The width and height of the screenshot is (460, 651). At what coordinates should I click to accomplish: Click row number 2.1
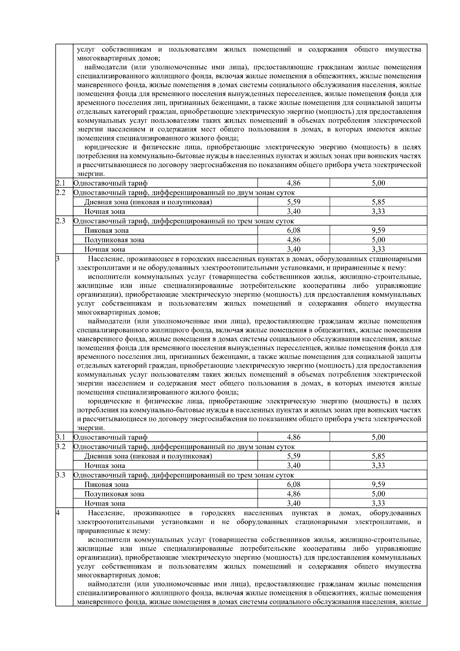click(x=61, y=183)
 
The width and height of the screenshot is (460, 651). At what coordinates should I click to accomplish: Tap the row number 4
click(x=58, y=513)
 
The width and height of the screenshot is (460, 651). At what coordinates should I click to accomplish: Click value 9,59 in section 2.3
click(x=378, y=230)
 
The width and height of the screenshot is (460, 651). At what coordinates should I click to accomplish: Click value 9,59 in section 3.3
click(x=378, y=485)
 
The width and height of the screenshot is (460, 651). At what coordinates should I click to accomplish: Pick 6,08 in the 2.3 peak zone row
click(x=294, y=230)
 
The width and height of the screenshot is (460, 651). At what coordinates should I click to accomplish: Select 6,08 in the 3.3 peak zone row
click(x=294, y=485)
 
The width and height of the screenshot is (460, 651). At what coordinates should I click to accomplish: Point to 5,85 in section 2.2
click(x=378, y=202)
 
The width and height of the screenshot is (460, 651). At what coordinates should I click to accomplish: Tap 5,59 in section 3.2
click(x=294, y=456)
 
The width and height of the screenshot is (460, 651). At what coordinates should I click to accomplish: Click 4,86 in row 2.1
click(x=294, y=183)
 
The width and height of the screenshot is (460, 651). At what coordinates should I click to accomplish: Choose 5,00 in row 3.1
click(x=378, y=437)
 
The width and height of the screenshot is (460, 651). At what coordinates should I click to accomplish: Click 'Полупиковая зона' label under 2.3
click(x=114, y=240)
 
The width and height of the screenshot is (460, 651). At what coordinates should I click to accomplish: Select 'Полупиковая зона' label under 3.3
click(x=114, y=494)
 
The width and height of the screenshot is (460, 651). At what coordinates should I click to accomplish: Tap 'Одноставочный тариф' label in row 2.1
click(x=110, y=183)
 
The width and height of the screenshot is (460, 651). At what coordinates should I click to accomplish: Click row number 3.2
click(x=61, y=447)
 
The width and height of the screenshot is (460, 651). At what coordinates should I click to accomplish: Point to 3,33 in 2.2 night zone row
click(x=378, y=212)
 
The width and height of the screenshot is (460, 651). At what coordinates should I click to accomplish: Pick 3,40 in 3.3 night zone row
click(x=294, y=503)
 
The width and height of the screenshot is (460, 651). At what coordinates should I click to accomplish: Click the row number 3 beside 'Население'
click(x=58, y=259)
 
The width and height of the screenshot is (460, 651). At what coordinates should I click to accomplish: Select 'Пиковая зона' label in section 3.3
click(x=107, y=485)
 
